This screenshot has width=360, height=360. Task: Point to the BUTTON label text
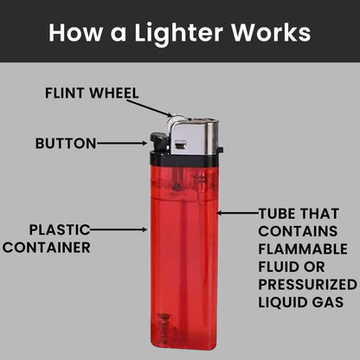click(x=65, y=143)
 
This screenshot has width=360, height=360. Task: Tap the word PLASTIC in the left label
click(x=59, y=230)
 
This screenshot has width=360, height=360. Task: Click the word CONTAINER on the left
click(x=47, y=247)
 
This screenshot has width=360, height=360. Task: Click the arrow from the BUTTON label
click(x=120, y=143)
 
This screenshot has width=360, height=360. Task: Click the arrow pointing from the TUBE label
click(x=235, y=212)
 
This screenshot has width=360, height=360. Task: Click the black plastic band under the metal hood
click(x=185, y=160)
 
